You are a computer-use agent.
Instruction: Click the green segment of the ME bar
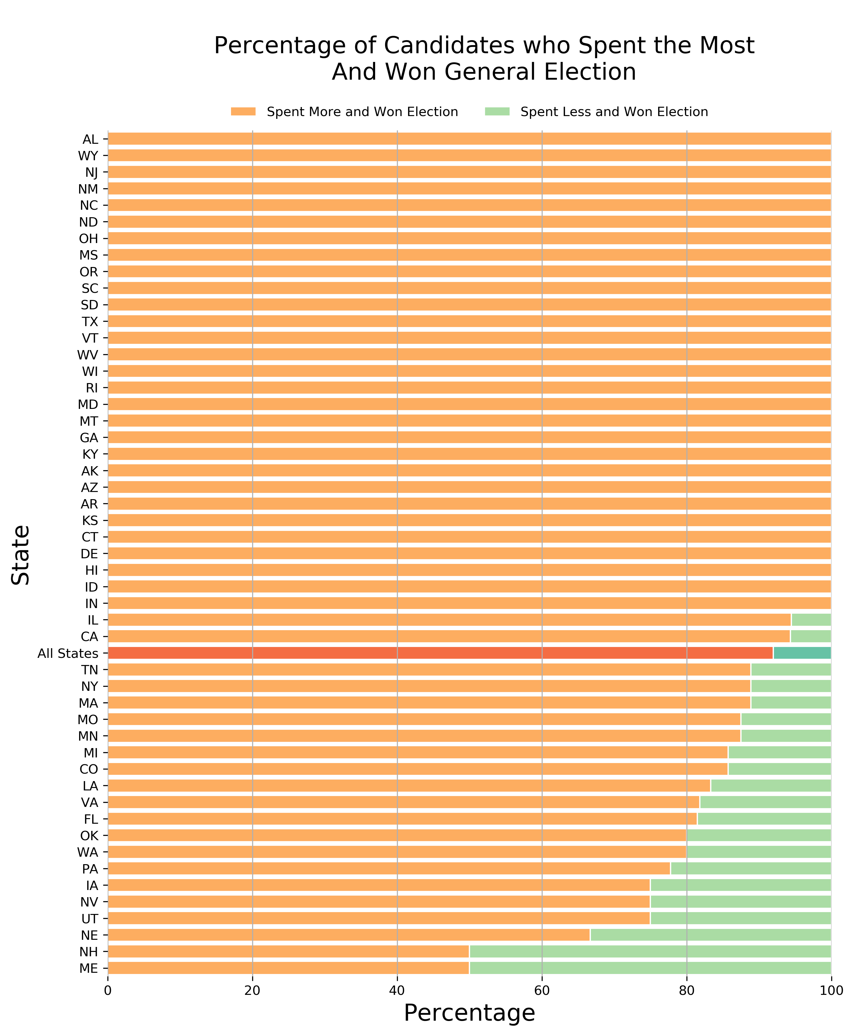650,968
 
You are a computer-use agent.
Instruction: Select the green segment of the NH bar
650,952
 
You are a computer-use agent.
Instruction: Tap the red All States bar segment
440,653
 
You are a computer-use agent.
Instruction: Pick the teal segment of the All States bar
802,653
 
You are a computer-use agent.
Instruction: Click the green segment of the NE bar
710,935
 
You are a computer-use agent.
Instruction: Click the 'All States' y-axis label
68,653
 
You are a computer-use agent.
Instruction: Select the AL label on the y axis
90,139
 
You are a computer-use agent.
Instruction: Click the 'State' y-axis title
21,555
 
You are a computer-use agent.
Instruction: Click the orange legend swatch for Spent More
243,111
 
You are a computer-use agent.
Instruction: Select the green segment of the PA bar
750,869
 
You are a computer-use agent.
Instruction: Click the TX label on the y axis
90,322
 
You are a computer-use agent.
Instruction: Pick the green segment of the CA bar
810,637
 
